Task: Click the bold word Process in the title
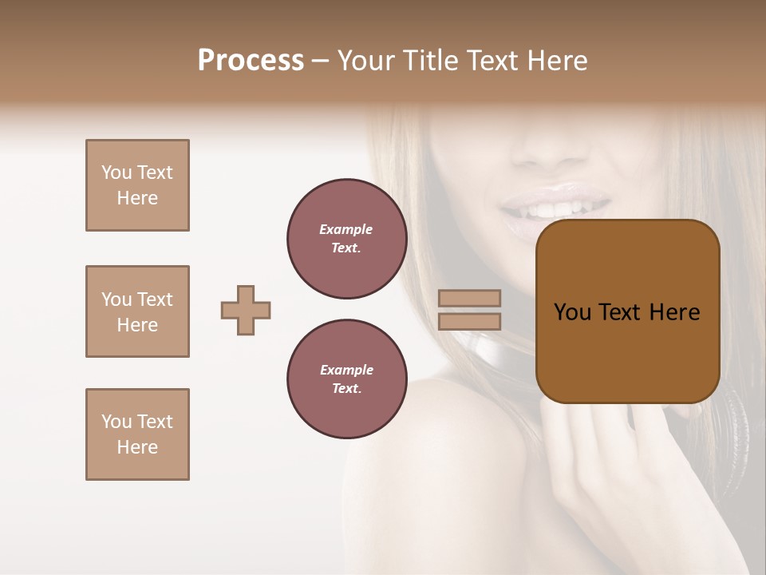pos(251,61)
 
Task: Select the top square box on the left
pos(137,185)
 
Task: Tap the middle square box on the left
pos(137,311)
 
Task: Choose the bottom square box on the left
pos(137,434)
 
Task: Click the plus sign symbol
pos(246,310)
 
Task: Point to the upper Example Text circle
pos(346,239)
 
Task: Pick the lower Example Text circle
pos(346,379)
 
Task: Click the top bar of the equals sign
pos(469,299)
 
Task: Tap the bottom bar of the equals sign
pos(469,321)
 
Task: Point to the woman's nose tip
pos(551,144)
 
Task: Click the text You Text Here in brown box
pos(627,312)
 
